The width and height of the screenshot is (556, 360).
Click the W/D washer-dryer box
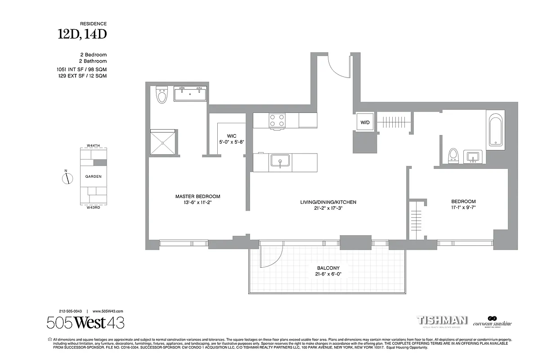363,122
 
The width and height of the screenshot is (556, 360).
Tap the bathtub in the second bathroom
496,130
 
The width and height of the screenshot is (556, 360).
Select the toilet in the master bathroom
161,95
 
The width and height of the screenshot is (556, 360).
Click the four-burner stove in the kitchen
277,120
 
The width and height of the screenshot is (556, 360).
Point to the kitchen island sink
280,161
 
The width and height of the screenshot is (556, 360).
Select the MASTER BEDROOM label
197,197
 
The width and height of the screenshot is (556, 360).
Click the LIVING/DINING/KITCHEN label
328,202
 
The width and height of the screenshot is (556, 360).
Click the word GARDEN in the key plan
93,177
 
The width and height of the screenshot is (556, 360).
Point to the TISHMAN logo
443,320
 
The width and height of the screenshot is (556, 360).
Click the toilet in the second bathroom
453,155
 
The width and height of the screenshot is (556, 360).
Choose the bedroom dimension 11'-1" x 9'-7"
463,208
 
